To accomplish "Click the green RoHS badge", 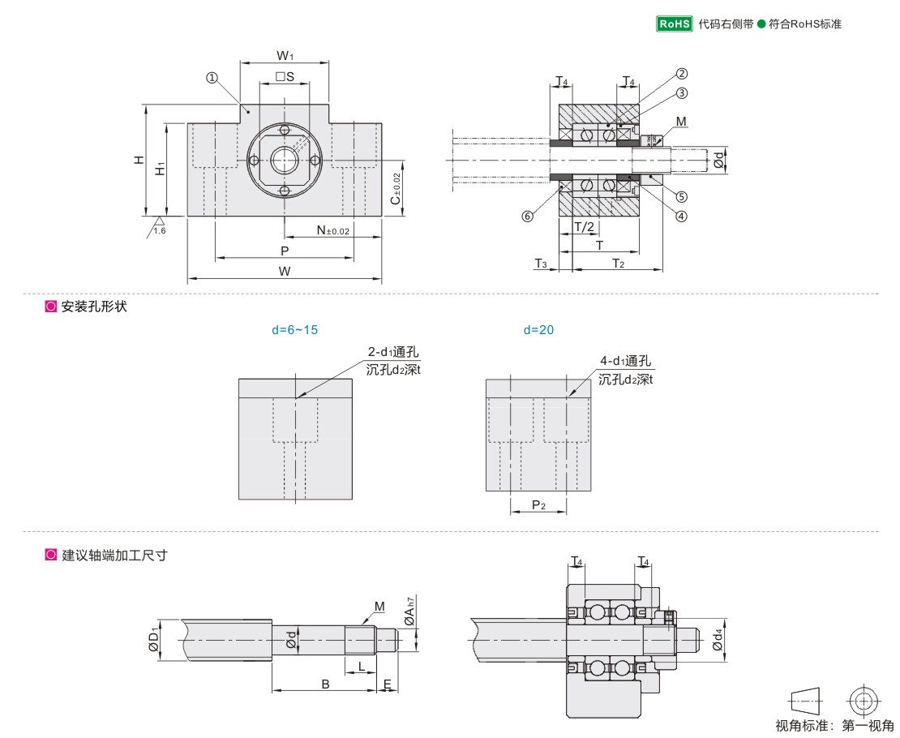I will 674,24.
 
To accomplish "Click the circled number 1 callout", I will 212,78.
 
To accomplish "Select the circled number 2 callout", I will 682,73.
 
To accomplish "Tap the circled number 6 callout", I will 528,217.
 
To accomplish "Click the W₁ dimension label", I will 285,57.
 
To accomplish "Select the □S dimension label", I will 284,77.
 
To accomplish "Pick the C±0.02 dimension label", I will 396,189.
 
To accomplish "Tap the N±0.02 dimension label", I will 333,231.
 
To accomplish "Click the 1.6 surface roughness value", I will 160,231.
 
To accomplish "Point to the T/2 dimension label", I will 584,227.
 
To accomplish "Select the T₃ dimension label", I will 541,264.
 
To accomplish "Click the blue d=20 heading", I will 539,330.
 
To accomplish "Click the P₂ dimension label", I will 538,505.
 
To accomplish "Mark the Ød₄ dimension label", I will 717,641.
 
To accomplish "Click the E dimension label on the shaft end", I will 388,684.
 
